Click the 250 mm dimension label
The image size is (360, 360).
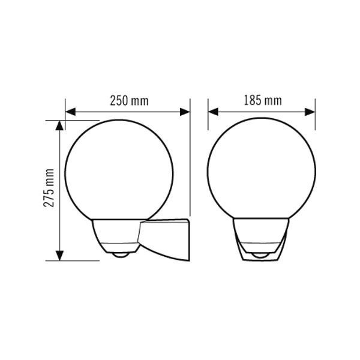point(129,101)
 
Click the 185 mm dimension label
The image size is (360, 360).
point(263,101)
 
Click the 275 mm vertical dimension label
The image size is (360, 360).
point(49,188)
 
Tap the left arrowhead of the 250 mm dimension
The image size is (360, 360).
point(70,112)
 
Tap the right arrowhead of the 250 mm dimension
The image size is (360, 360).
point(185,112)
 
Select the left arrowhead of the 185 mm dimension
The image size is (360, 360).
point(213,112)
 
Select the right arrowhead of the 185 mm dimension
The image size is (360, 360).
point(310,112)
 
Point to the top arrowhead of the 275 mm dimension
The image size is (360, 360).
point(59,125)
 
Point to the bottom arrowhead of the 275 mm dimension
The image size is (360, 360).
point(59,256)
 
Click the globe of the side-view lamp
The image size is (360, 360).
point(65,170)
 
